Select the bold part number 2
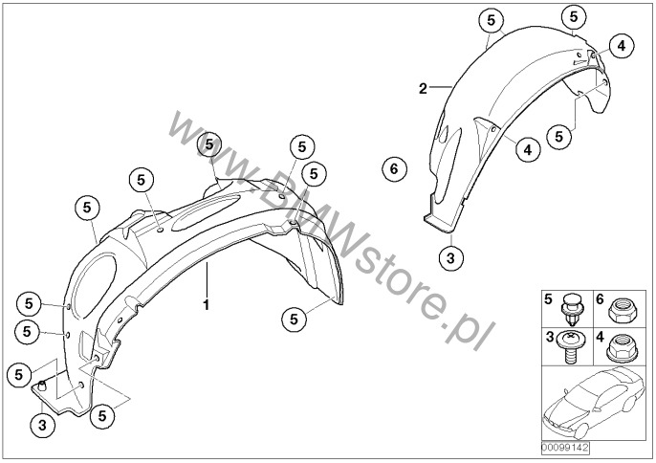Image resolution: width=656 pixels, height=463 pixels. coord(423,89)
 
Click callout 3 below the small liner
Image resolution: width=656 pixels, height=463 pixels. coord(450,256)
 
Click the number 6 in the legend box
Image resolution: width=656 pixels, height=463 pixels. coord(599,298)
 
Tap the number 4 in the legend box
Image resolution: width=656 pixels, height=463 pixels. coord(599,338)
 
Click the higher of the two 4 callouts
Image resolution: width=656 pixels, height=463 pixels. coord(621,45)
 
